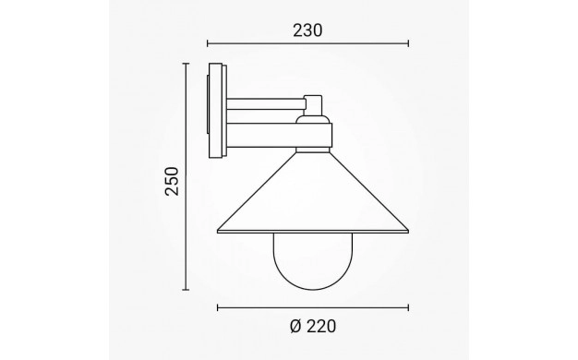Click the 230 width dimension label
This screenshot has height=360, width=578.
(307, 30)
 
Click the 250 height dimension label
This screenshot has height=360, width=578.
(172, 181)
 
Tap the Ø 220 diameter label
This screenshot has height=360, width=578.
(313, 327)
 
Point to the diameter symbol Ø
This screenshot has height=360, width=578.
(296, 327)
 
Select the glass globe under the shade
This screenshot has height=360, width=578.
(313, 261)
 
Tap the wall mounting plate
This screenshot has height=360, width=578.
(217, 111)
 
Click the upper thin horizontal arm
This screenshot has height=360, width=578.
(266, 103)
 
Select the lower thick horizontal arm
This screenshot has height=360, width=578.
(279, 135)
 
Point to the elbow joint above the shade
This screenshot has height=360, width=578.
(313, 105)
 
